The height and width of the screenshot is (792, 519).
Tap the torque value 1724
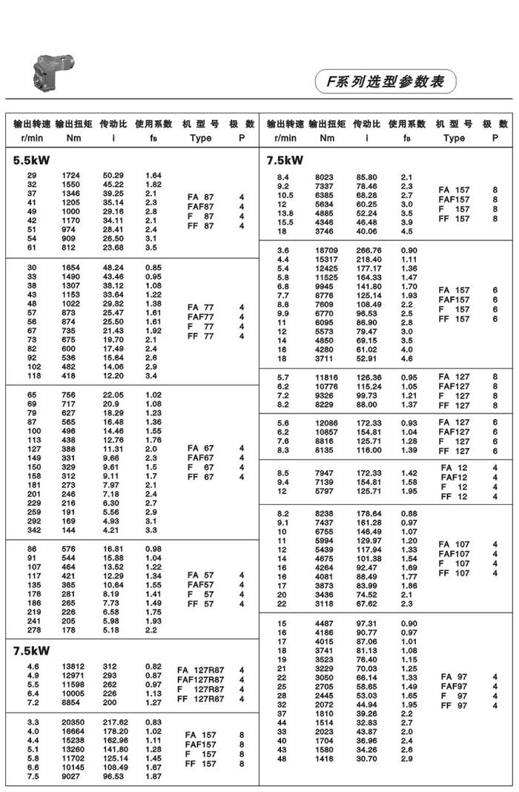pyautogui.click(x=71, y=175)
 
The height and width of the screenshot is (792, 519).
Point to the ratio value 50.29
pyautogui.click(x=113, y=175)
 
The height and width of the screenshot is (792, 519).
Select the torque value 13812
pyautogui.click(x=71, y=667)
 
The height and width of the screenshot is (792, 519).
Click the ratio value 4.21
pyautogui.click(x=110, y=530)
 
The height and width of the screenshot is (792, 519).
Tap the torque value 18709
pyautogui.click(x=327, y=251)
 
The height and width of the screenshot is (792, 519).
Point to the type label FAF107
pyautogui.click(x=453, y=553)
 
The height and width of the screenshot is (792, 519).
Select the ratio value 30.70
pyautogui.click(x=366, y=759)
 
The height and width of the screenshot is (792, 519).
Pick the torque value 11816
pyautogui.click(x=327, y=377)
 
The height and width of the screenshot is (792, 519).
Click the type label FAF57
pyautogui.click(x=200, y=584)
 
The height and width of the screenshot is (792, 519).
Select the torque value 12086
pyautogui.click(x=327, y=423)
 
